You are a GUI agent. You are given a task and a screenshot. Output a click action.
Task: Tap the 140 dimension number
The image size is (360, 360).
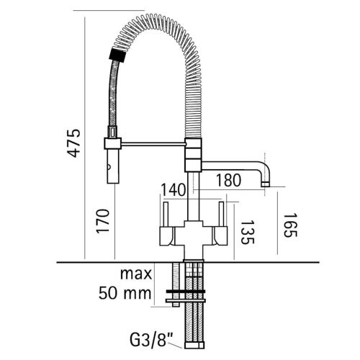pos(174,190)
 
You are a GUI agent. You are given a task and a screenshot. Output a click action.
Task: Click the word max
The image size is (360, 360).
pos(136,274)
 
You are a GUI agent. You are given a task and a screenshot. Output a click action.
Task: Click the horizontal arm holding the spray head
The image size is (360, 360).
pos(151,145)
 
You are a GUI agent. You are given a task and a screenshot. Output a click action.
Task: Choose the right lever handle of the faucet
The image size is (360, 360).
pos(222,215)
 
